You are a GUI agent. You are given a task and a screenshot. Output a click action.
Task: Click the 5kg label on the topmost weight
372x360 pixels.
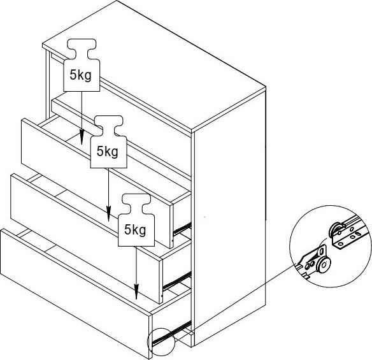80,75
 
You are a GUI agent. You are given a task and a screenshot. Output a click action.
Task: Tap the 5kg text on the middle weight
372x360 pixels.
107,152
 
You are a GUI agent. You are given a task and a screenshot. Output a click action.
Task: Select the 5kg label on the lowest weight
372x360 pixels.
135,230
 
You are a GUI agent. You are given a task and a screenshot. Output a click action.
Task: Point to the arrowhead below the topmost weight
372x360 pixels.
82,137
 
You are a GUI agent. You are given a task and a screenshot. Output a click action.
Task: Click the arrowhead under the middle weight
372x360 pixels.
108,214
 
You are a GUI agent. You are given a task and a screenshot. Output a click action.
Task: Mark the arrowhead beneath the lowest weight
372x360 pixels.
136,292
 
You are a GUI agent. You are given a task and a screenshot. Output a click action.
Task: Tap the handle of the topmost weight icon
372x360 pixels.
82,48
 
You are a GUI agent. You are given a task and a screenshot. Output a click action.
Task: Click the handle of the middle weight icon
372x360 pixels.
109,126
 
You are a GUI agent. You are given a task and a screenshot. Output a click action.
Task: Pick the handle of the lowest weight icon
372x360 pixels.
136,204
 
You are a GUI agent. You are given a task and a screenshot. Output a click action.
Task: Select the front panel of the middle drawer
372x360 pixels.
86,238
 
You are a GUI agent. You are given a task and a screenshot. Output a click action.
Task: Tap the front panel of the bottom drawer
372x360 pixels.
76,293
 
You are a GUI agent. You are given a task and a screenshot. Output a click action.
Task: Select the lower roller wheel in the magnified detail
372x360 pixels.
324,265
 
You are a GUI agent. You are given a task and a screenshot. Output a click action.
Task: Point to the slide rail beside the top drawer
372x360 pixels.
182,228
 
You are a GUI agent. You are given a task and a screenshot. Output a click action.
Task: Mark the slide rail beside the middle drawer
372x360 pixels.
177,282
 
